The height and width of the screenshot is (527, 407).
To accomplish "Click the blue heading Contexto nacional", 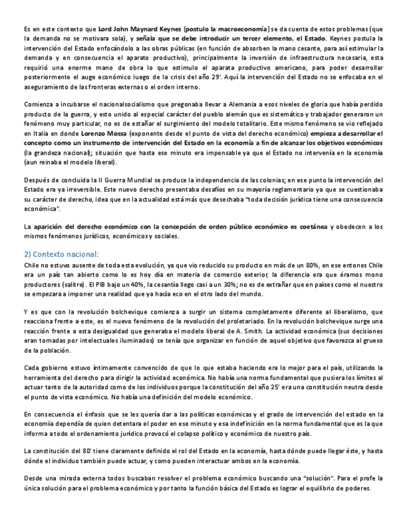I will click(65, 254).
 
